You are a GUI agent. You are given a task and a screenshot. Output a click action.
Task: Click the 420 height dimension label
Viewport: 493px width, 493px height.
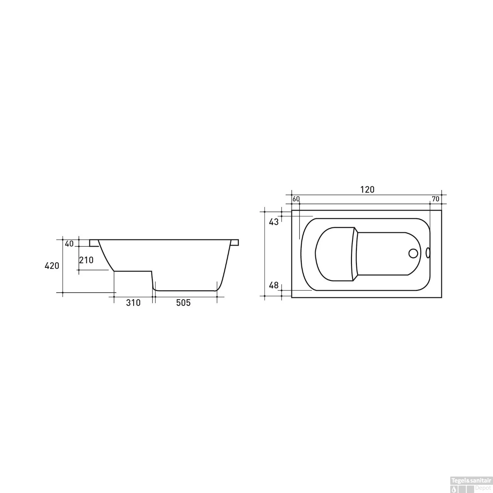pyautogui.click(x=52, y=266)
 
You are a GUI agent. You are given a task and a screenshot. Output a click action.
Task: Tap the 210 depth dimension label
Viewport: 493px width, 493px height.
pyautogui.click(x=86, y=260)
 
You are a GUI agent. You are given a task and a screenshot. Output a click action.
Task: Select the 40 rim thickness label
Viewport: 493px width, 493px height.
pyautogui.click(x=69, y=244)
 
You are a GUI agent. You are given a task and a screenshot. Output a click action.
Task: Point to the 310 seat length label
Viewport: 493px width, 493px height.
pyautogui.click(x=133, y=303)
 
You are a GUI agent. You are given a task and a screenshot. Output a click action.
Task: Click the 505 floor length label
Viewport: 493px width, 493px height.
pyautogui.click(x=183, y=303)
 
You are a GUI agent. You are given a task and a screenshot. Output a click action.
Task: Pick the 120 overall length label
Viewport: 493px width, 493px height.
pyautogui.click(x=367, y=190)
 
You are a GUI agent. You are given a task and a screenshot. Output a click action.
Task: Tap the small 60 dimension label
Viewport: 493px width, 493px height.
pyautogui.click(x=296, y=199)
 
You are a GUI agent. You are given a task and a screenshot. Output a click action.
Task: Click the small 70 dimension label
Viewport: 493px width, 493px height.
pyautogui.click(x=435, y=199)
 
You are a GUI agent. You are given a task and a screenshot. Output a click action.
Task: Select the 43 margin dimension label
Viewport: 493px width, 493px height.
pyautogui.click(x=274, y=222)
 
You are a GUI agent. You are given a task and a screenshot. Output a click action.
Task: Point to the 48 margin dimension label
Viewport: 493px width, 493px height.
pyautogui.click(x=274, y=285)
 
